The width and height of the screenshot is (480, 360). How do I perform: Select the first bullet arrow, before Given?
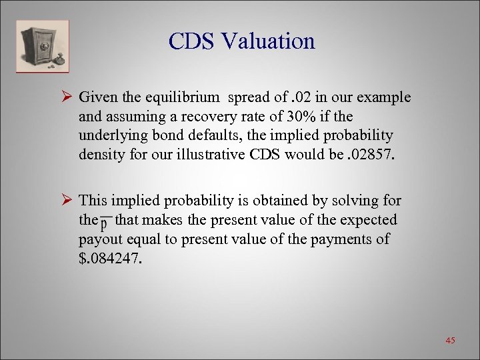(65, 97)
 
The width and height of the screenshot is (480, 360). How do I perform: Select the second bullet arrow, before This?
(65, 200)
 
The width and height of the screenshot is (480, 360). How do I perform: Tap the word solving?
(360, 200)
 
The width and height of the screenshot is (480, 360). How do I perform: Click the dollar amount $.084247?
(111, 259)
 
